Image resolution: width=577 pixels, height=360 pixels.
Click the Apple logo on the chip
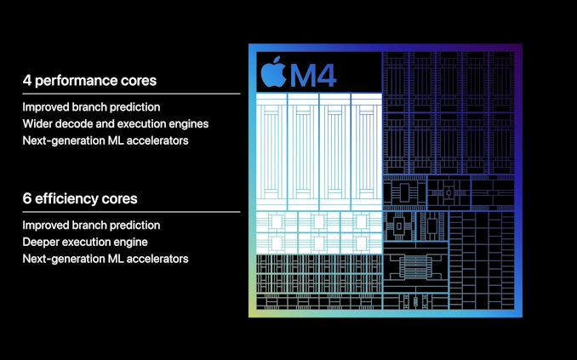pyautogui.click(x=273, y=71)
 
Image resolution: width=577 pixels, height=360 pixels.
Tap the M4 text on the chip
pyautogui.click(x=313, y=76)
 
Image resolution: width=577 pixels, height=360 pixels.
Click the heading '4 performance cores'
pyautogui.click(x=89, y=81)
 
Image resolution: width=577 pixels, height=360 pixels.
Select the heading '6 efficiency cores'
pyautogui.click(x=80, y=199)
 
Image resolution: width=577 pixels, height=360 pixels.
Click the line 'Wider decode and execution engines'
pyautogui.click(x=116, y=123)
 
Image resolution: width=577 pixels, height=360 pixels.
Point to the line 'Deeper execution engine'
pyautogui.click(x=85, y=242)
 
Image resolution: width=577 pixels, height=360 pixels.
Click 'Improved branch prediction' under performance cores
pyautogui.click(x=91, y=107)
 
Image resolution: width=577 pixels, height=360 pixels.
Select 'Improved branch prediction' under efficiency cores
pyautogui.click(x=91, y=226)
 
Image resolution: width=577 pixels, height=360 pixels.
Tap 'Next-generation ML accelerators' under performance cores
pyautogui.click(x=106, y=140)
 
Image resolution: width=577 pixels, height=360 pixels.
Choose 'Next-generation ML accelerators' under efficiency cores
pyautogui.click(x=106, y=259)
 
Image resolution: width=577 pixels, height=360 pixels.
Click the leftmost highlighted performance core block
pyautogui.click(x=271, y=151)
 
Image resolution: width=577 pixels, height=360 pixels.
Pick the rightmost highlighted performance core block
pyautogui.click(x=367, y=151)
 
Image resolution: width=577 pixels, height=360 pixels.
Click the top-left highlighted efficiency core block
pyautogui.click(x=277, y=221)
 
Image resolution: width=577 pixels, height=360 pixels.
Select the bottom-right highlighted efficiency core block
pyautogui.click(x=362, y=243)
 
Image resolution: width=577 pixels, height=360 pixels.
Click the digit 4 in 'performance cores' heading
pyautogui.click(x=27, y=80)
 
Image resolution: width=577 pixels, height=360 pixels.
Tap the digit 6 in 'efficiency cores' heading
pyautogui.click(x=27, y=198)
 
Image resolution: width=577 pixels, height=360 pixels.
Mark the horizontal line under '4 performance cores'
pyautogui.click(x=131, y=94)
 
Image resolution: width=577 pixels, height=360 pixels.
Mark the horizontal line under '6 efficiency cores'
pyautogui.click(x=131, y=212)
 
